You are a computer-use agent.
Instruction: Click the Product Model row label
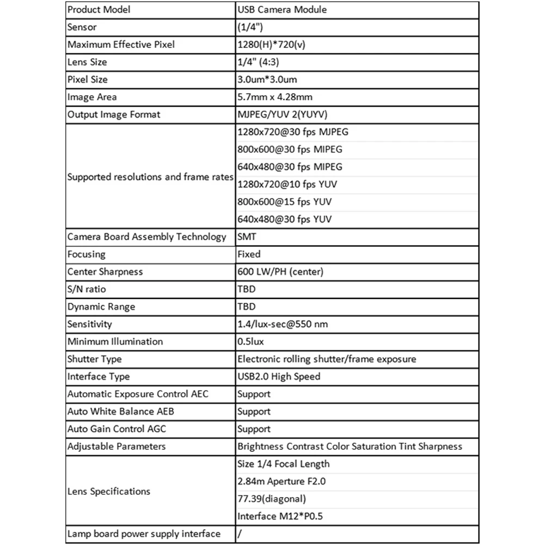point(99,10)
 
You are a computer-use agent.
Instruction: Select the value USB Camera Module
point(282,10)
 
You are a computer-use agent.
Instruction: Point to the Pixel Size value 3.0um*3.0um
point(267,79)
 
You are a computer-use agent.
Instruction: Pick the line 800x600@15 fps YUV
point(284,202)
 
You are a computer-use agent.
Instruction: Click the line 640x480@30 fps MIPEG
point(290,167)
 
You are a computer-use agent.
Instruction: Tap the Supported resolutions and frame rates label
point(150,177)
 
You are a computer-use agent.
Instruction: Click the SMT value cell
point(247,237)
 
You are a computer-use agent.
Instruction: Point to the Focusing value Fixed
point(249,254)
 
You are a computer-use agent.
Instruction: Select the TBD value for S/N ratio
point(246,289)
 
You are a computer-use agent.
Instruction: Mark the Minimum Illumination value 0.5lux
point(251,342)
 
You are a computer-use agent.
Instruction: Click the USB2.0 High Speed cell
point(279,377)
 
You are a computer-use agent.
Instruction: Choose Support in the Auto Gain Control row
point(254,429)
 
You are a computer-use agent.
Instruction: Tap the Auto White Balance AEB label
point(121,412)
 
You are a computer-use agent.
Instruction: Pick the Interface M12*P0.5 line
point(280,516)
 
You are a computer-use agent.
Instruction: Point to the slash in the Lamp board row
point(240,534)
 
